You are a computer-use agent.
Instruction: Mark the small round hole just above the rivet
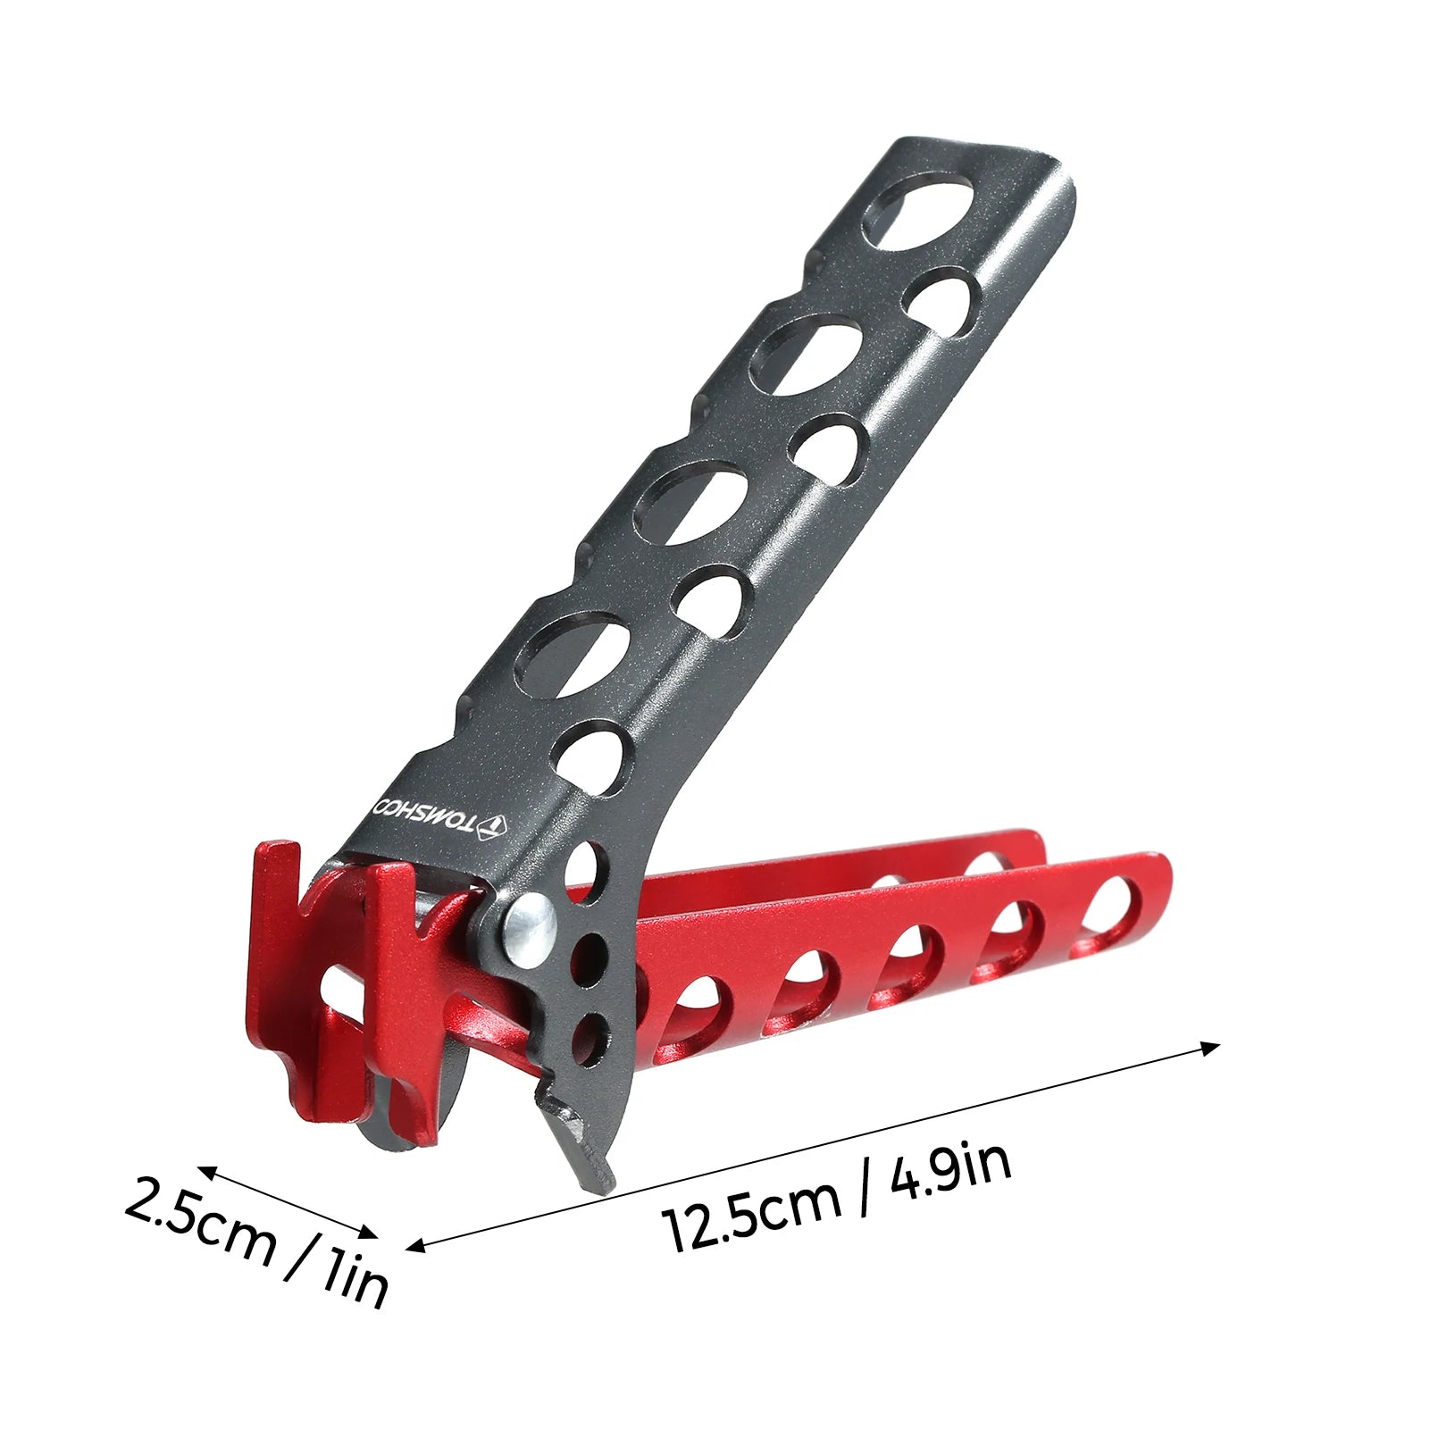click(582, 865)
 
